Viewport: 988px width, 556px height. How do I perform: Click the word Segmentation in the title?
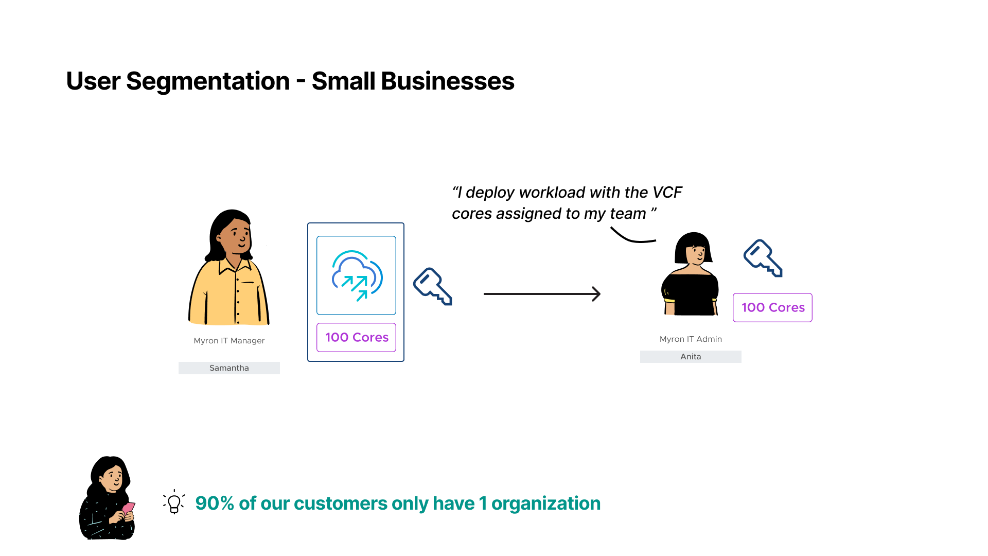tap(208, 81)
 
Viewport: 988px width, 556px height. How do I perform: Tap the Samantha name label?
tap(229, 368)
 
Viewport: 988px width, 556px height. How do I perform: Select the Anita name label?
tap(691, 357)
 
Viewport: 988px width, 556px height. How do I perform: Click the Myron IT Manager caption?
tap(229, 341)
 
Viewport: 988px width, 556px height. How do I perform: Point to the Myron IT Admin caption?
tap(691, 339)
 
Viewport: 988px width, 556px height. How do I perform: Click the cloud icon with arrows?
tap(357, 275)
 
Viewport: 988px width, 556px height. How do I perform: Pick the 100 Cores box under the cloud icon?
tap(357, 338)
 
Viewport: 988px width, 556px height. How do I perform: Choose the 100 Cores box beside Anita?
tap(772, 308)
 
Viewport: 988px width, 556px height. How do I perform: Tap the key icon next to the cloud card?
tap(433, 286)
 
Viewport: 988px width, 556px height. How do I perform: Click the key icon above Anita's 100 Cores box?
tap(763, 258)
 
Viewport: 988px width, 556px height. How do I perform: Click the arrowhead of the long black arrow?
tap(597, 294)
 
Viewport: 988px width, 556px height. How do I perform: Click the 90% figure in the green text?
tap(215, 503)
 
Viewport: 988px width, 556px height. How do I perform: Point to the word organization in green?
tap(546, 503)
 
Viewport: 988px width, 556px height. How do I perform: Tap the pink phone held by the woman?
tap(128, 508)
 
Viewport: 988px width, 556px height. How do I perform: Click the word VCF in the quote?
tap(667, 193)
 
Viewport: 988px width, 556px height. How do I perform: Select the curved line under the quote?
tap(632, 238)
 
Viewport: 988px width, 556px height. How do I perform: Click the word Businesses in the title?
tap(447, 81)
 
